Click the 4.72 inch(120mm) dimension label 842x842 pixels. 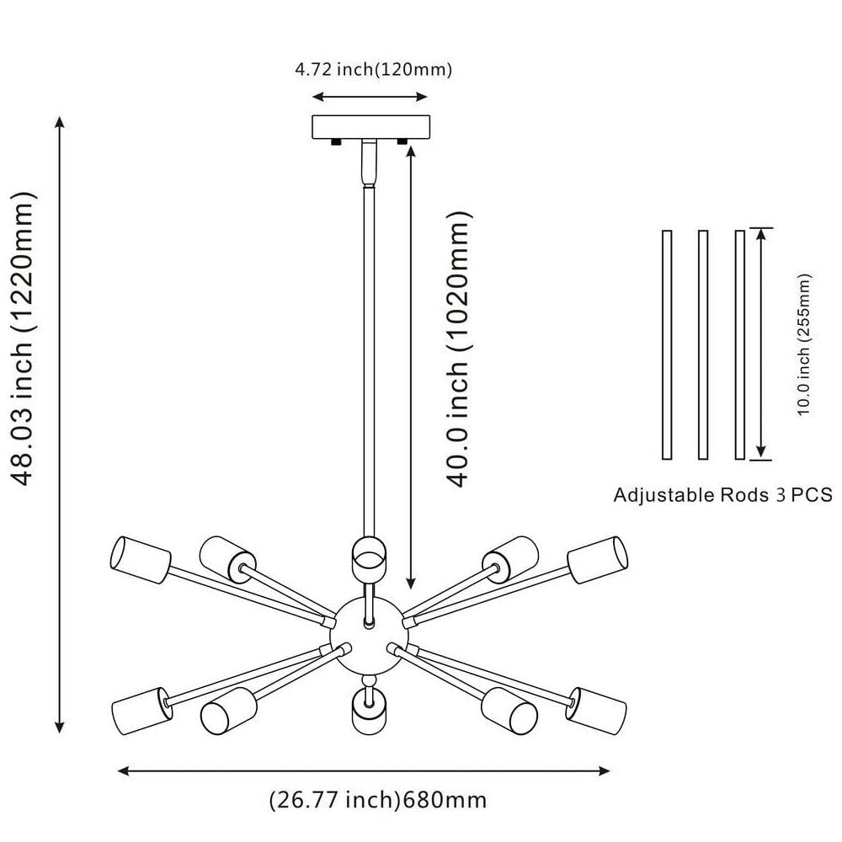tap(373, 70)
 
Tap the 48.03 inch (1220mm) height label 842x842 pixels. tap(25, 339)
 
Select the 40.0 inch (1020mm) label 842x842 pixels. tap(456, 349)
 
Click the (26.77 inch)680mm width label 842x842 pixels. tap(377, 798)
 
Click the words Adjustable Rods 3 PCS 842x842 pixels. tap(722, 494)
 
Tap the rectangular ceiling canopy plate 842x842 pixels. tap(370, 127)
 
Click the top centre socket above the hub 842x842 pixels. tap(369, 555)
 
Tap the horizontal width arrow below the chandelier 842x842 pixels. tap(363, 770)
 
